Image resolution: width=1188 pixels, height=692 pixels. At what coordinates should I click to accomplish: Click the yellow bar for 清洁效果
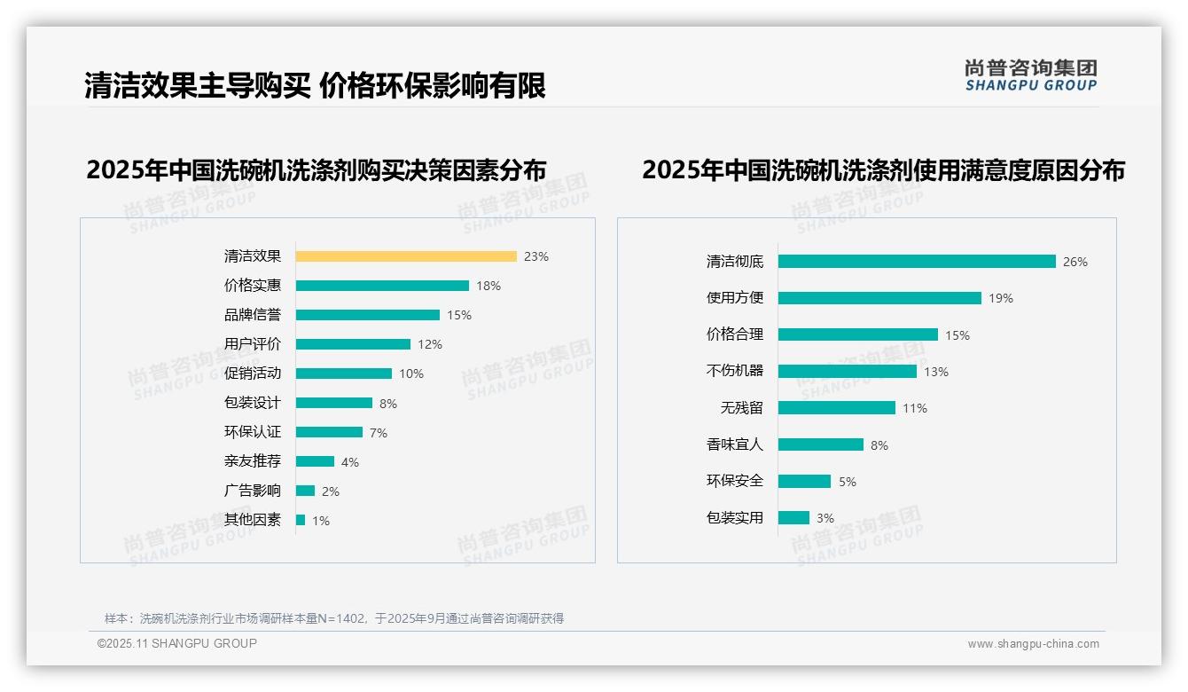pyautogui.click(x=406, y=256)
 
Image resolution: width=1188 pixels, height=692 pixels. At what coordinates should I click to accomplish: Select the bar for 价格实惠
pyautogui.click(x=382, y=286)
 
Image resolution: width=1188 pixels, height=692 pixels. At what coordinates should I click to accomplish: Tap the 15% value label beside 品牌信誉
pyautogui.click(x=459, y=315)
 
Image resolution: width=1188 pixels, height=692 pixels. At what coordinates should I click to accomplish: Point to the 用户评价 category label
pyautogui.click(x=253, y=344)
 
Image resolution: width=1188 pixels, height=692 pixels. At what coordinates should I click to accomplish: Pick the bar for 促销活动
pyautogui.click(x=344, y=374)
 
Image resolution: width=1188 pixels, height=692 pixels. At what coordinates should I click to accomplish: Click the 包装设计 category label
pyautogui.click(x=253, y=403)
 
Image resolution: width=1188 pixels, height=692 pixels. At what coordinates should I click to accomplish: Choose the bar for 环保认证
pyautogui.click(x=329, y=432)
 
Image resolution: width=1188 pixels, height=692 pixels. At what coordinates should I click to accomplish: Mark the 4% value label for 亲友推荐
pyautogui.click(x=350, y=462)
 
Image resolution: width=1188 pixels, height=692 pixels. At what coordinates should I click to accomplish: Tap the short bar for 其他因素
pyautogui.click(x=301, y=520)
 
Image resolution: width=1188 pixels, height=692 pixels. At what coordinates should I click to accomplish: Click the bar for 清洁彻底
pyautogui.click(x=917, y=262)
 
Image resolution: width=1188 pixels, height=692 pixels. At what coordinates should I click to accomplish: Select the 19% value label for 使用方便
pyautogui.click(x=1001, y=299)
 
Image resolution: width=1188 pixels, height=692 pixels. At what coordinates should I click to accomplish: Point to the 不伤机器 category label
pyautogui.click(x=735, y=371)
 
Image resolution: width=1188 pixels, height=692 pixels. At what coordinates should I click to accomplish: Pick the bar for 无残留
pyautogui.click(x=837, y=408)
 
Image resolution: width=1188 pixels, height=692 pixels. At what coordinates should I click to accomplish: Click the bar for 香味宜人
pyautogui.click(x=821, y=444)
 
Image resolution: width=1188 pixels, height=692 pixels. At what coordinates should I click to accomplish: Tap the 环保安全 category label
pyautogui.click(x=735, y=481)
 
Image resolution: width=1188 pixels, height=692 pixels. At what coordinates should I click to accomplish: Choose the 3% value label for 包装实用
pyautogui.click(x=825, y=518)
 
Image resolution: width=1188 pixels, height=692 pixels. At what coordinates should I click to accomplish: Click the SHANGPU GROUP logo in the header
pyautogui.click(x=1031, y=75)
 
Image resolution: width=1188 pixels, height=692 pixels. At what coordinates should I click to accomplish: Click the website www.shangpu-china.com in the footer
pyautogui.click(x=1033, y=644)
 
